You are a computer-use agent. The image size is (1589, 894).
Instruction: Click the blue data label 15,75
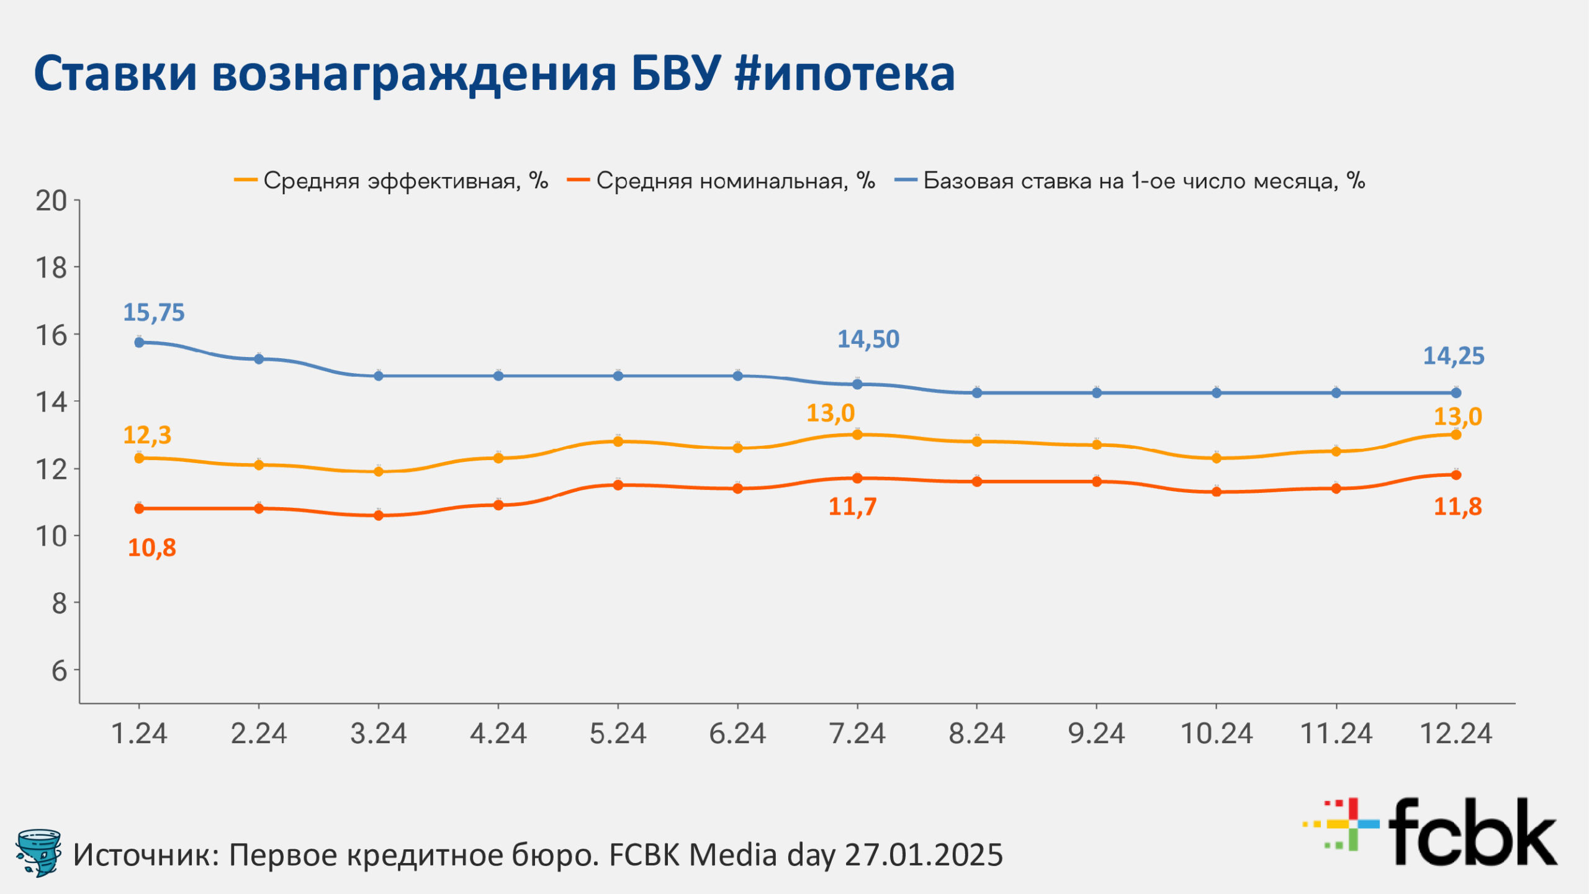154,312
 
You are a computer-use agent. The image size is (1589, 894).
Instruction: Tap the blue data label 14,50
868,339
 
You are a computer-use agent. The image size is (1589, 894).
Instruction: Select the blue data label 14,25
1453,356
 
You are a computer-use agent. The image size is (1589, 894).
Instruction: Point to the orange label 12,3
147,435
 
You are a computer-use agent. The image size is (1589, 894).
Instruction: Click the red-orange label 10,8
151,548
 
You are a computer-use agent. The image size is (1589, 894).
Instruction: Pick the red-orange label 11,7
852,507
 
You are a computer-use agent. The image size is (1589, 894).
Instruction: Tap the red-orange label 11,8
1457,507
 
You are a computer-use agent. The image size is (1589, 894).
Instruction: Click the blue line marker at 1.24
139,342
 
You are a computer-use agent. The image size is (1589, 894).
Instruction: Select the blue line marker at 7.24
857,384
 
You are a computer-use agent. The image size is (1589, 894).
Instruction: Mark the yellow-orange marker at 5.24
618,441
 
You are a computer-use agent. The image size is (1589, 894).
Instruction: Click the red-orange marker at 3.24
379,515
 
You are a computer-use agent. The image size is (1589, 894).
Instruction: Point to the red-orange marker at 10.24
1217,492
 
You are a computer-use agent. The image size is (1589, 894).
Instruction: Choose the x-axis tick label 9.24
1096,734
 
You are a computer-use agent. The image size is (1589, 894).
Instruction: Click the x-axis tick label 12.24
1456,734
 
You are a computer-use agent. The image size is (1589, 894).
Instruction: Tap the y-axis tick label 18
51,268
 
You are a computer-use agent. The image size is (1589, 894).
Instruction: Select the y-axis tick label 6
59,670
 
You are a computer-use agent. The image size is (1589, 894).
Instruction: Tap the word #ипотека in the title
844,73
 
